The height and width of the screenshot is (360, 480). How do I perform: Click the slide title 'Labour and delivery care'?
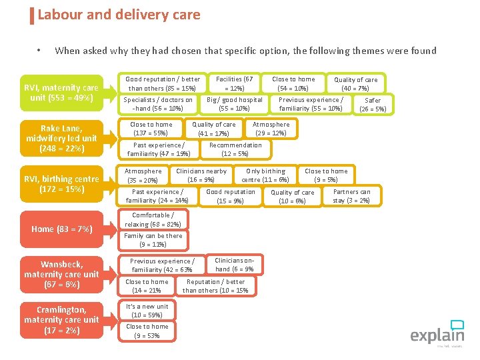point(119,15)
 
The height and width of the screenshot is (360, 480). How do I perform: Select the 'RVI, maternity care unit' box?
point(61,93)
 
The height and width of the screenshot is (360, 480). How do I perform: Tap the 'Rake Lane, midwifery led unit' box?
point(61,138)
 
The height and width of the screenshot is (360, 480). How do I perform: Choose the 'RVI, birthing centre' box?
point(61,184)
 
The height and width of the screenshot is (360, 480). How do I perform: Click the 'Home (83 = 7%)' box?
point(61,229)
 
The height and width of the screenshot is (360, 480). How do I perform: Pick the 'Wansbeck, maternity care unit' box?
point(61,274)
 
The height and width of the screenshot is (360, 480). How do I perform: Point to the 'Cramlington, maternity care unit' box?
point(61,319)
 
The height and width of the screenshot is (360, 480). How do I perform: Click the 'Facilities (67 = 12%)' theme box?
point(234,83)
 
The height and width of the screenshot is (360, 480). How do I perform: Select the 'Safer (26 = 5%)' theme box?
point(373,105)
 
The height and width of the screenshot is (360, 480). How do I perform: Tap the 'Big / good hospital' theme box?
point(234,104)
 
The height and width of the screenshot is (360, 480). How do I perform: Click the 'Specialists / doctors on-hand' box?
point(158,104)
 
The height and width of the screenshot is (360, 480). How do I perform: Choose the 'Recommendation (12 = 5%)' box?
point(235,149)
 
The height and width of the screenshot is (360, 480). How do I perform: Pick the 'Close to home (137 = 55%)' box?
point(151,129)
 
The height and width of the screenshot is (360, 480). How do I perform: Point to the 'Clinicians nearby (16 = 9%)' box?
point(201,175)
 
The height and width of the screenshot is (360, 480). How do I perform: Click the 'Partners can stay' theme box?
point(351,196)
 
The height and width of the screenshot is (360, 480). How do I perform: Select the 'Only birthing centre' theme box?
point(265,175)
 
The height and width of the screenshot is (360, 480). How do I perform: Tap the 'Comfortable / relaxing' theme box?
point(153,220)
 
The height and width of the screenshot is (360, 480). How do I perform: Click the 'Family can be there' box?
point(153,240)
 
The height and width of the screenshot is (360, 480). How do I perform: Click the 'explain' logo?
point(437,333)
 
